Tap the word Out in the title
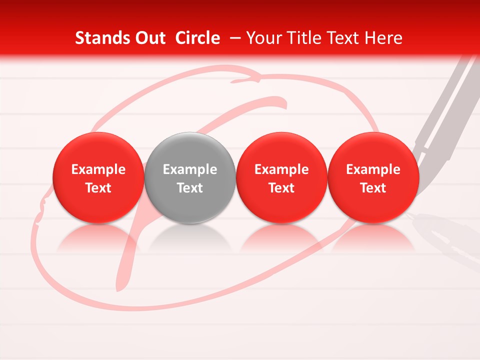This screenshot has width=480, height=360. [148, 38]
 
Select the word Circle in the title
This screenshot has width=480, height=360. [197, 38]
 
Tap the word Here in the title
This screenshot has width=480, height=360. [384, 38]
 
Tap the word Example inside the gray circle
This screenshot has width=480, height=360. [190, 169]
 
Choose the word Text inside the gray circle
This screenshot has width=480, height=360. [190, 188]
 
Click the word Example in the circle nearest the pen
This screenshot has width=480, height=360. [373, 169]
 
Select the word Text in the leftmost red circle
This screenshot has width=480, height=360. [98, 188]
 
